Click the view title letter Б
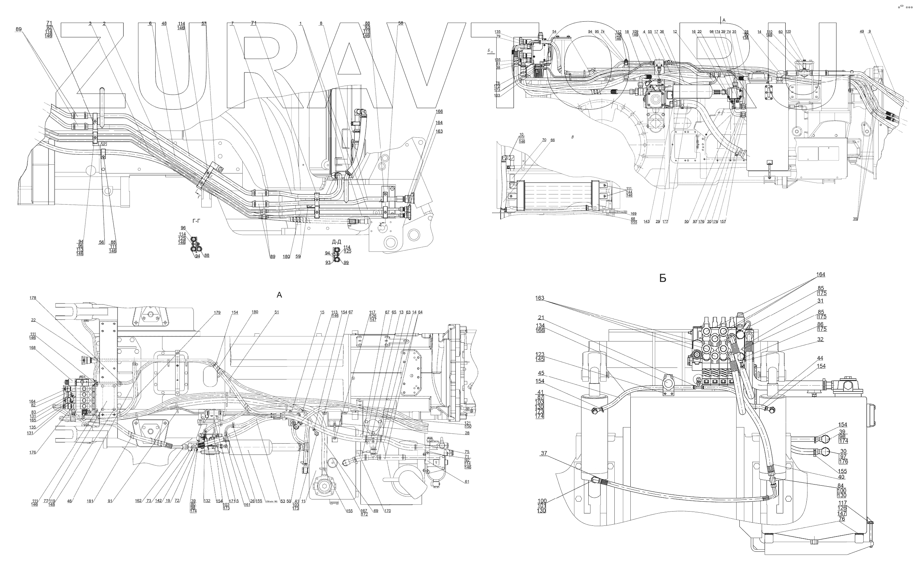tap(662, 279)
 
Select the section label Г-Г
tap(196, 221)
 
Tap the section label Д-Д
tap(336, 242)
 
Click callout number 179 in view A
tap(217, 313)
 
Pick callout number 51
tap(277, 312)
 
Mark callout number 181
tap(90, 501)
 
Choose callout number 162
tap(138, 501)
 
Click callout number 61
tap(467, 482)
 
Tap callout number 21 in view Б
tap(541, 318)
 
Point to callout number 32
tap(820, 339)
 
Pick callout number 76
tap(842, 519)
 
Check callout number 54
tap(554, 32)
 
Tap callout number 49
tap(862, 32)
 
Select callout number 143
tap(646, 222)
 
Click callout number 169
tap(634, 214)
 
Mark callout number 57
tap(203, 24)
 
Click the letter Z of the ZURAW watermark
tap(91, 67)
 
